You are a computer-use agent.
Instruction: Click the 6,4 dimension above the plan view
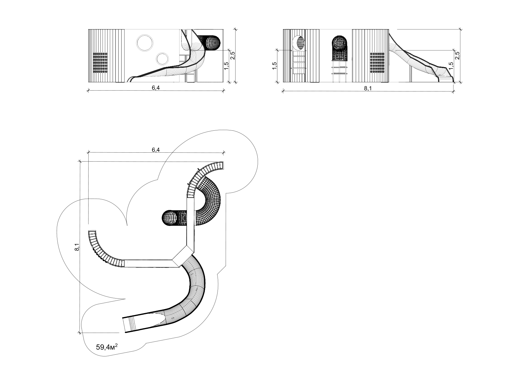tap(156, 150)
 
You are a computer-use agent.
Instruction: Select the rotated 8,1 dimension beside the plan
tap(77, 247)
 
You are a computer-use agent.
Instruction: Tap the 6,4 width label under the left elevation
tap(156, 88)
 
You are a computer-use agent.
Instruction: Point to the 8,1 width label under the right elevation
tap(368, 88)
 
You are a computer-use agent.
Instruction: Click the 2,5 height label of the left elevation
tap(233, 56)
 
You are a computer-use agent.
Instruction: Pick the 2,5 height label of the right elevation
tap(457, 56)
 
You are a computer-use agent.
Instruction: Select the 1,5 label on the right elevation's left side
tap(274, 66)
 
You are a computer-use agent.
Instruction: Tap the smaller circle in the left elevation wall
tap(162, 59)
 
